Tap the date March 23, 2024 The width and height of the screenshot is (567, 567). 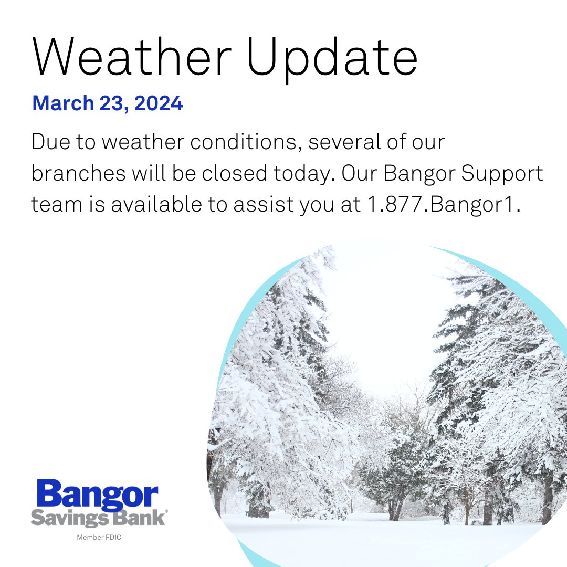[108, 103]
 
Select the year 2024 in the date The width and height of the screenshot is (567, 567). [159, 103]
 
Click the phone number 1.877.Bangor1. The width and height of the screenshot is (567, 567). [440, 204]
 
